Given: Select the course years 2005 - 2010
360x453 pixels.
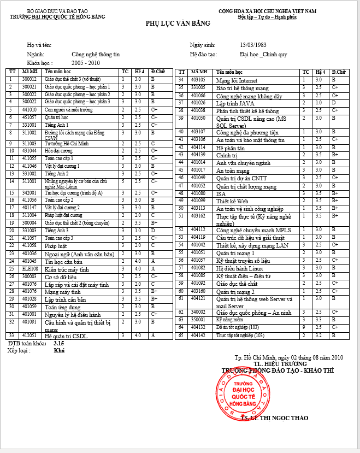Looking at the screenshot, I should tap(85, 63).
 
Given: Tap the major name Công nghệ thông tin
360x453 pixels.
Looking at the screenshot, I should tap(96, 54).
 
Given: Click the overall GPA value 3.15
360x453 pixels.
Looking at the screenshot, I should tap(59, 343).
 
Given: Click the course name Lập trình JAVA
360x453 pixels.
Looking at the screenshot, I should tap(235, 103).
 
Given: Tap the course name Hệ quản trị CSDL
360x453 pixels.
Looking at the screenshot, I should tap(66, 336).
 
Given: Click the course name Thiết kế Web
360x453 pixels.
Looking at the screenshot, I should tap(232, 201).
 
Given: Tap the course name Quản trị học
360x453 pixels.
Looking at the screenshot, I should tap(56, 117).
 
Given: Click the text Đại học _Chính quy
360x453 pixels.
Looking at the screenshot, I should tap(263, 54).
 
